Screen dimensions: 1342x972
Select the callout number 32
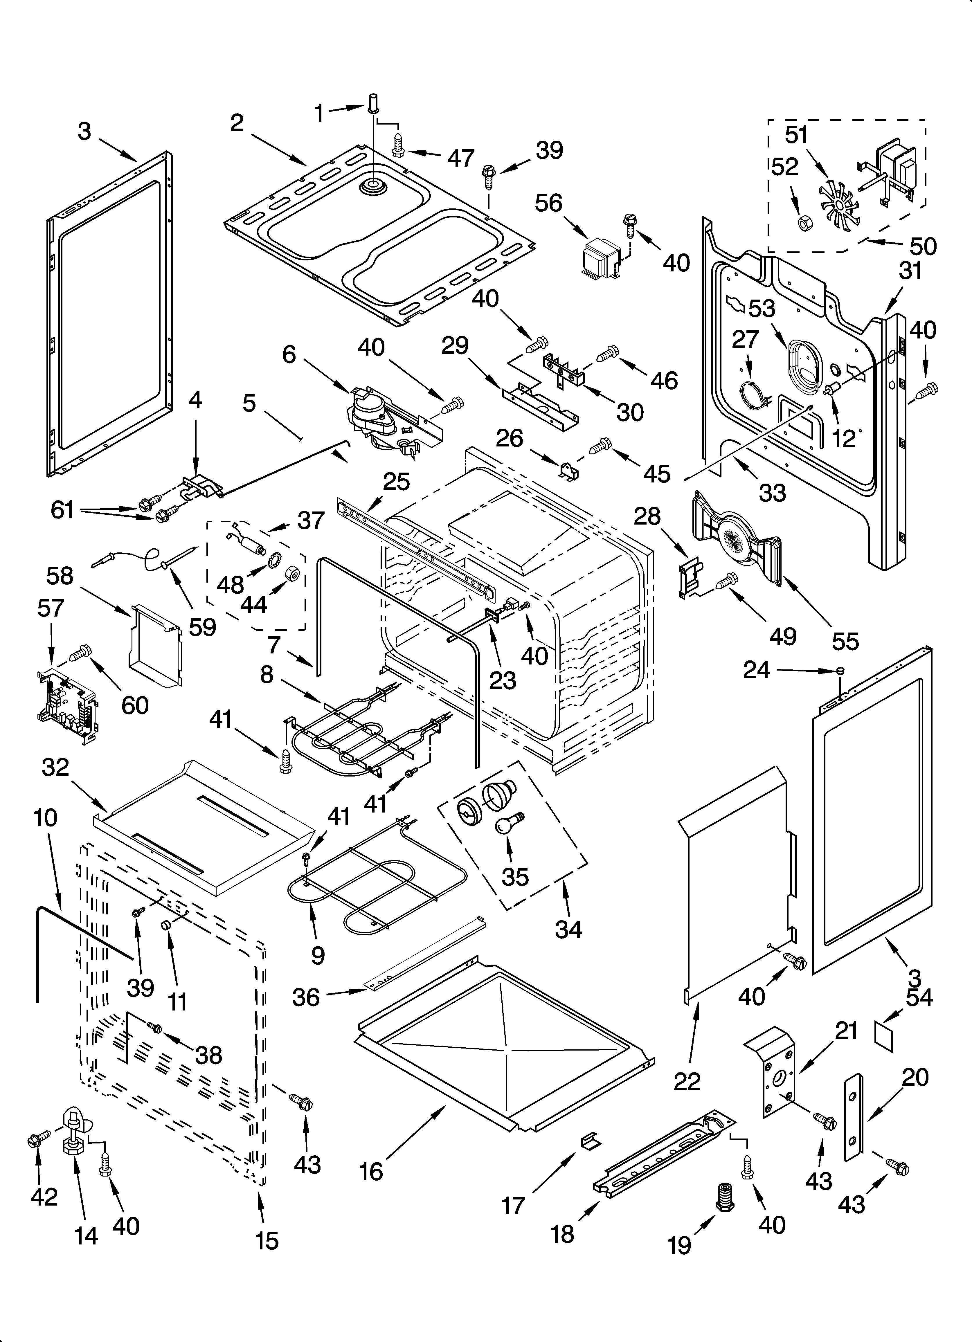pyautogui.click(x=56, y=768)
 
